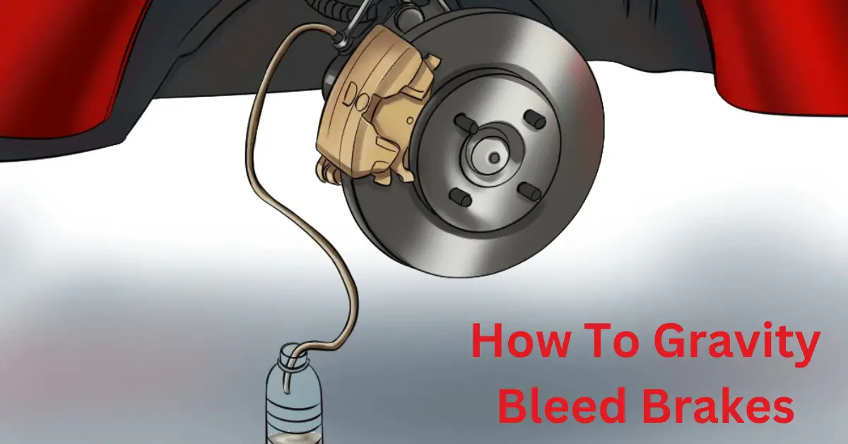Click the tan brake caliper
[x=367, y=113]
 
